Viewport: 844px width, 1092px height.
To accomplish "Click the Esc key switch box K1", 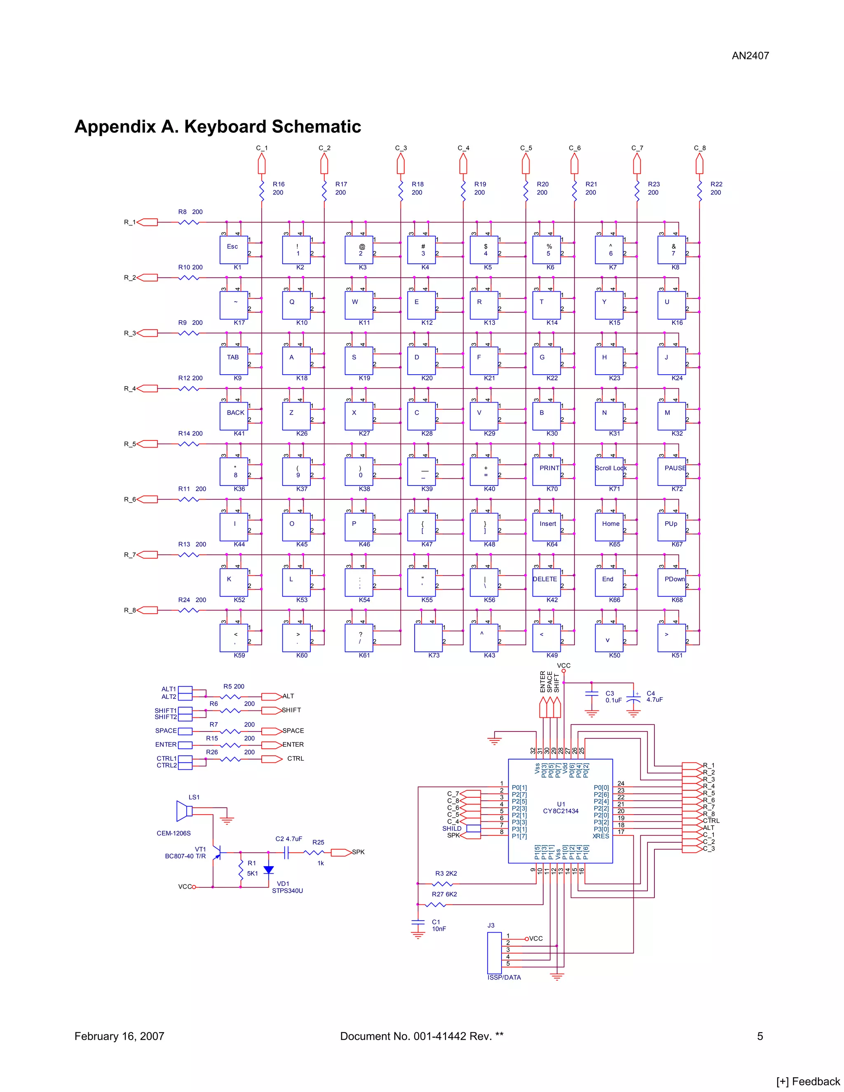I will pos(234,249).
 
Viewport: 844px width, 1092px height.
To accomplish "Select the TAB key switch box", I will pos(234,361).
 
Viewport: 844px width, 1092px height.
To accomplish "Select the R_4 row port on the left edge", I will pos(147,389).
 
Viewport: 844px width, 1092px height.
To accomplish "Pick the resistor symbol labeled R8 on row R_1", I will pos(188,222).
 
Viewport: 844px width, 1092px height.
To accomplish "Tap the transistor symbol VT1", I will pos(216,853).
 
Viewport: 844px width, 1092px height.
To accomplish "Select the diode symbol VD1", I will pos(269,870).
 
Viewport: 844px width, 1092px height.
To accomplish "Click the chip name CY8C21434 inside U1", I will pos(560,811).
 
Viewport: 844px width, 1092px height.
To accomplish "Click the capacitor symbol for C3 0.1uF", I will pos(591,694).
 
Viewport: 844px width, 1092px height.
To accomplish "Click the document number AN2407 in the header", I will pos(750,56).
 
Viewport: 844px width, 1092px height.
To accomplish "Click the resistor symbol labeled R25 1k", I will pos(314,853).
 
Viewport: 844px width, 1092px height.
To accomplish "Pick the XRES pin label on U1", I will pos(600,836).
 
